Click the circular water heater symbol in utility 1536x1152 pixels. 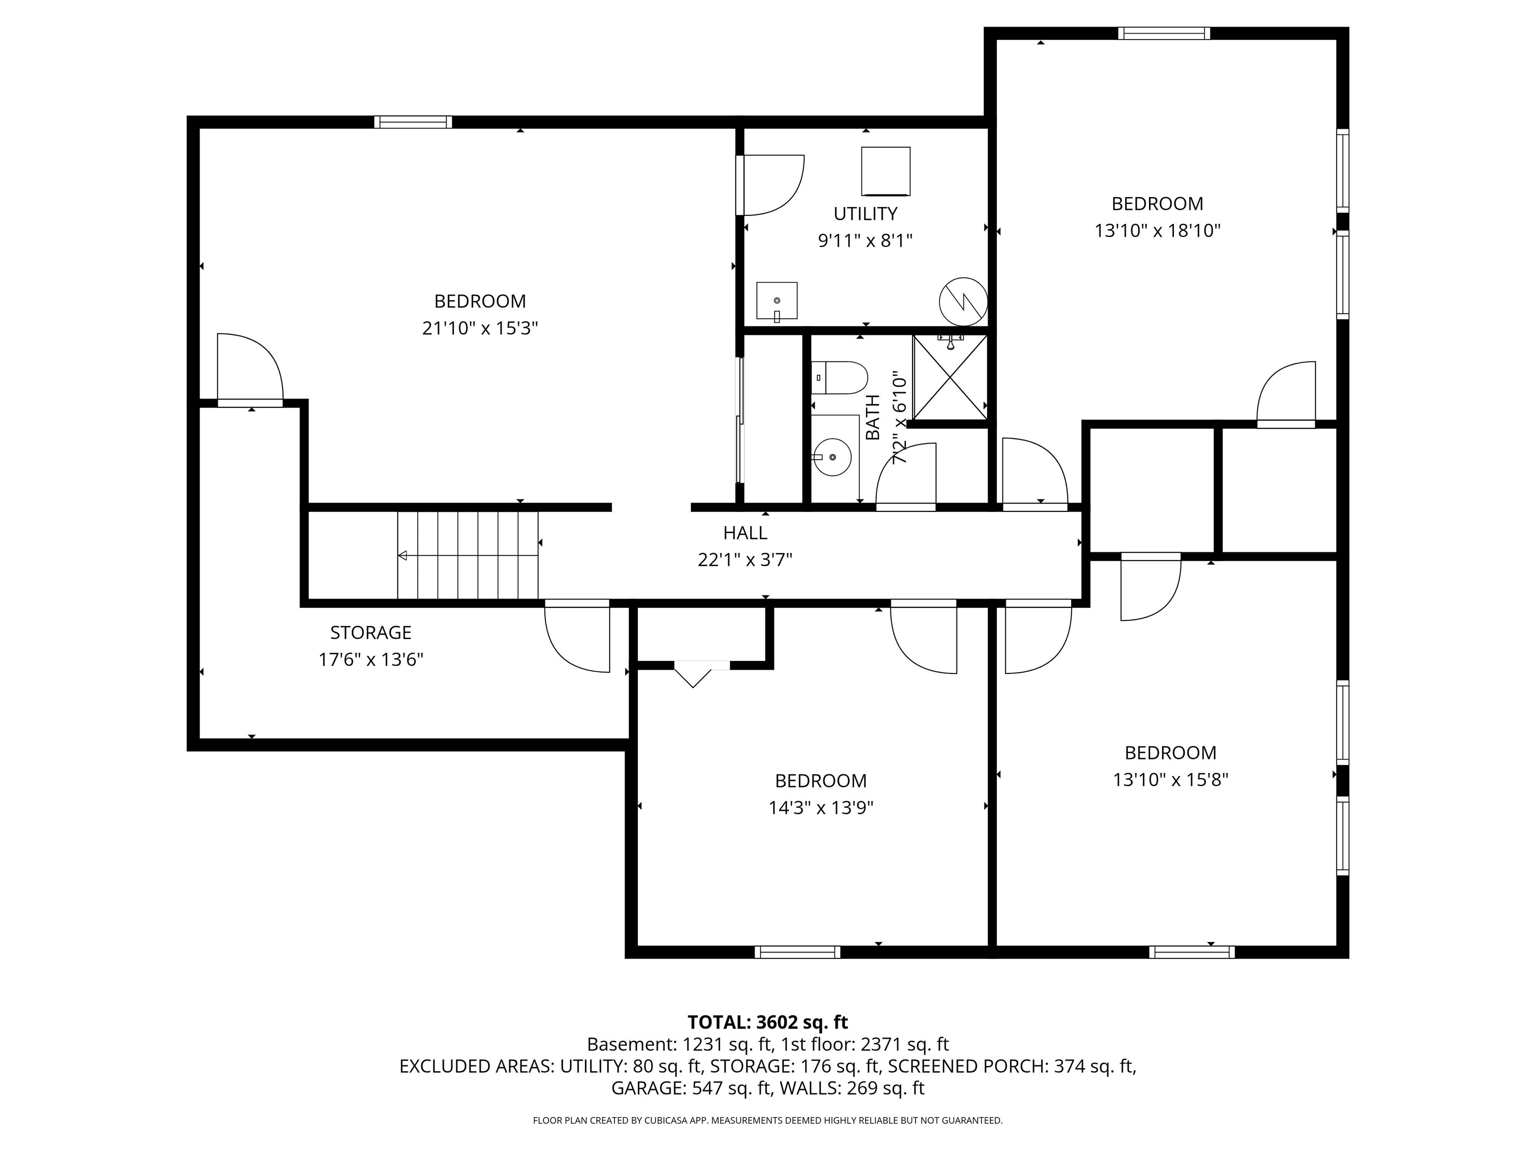963,301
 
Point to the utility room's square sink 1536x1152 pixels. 776,300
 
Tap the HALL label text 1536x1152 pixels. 745,532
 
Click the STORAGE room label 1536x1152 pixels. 371,632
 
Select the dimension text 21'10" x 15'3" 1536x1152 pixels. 480,328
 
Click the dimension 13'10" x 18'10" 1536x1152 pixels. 1157,230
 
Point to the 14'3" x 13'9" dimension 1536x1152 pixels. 821,807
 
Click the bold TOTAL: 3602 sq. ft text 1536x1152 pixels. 767,1022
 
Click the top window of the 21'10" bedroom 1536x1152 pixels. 413,122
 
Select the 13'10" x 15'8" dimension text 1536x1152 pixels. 1170,780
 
